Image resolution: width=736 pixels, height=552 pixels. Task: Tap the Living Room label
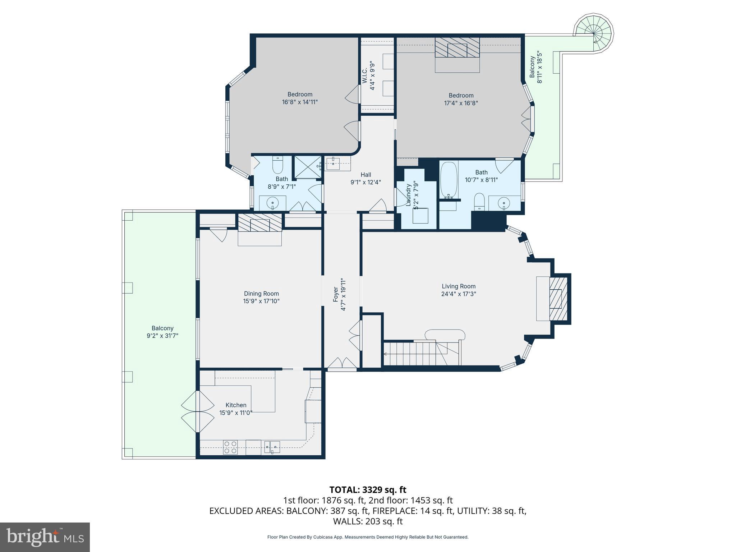[x=459, y=286]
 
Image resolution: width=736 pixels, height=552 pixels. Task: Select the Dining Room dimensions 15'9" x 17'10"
[x=261, y=301]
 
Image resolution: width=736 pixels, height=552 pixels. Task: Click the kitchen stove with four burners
[x=230, y=447]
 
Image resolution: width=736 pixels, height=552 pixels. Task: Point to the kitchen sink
[x=272, y=447]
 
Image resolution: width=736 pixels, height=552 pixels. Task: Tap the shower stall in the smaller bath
[x=308, y=167]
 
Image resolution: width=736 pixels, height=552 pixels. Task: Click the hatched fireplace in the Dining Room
[x=260, y=223]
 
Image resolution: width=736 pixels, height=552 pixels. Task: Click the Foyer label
[x=336, y=294]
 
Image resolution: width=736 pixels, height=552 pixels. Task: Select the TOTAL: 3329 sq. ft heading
[x=368, y=490]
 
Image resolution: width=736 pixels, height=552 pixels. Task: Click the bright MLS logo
[x=45, y=537]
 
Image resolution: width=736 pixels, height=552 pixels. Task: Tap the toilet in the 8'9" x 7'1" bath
[x=278, y=166]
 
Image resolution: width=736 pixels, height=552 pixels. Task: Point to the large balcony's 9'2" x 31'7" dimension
[x=162, y=336]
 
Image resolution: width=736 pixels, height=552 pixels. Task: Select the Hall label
[x=366, y=175]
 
